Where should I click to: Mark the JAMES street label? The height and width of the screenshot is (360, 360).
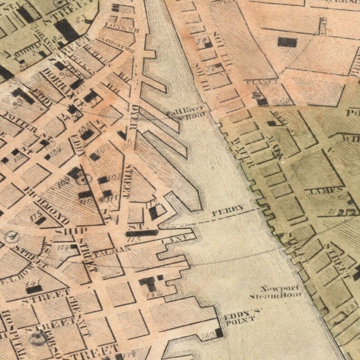point(325,192)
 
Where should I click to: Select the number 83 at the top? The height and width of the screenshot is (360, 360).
point(82,19)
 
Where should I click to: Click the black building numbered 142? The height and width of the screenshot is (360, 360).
point(148,284)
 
